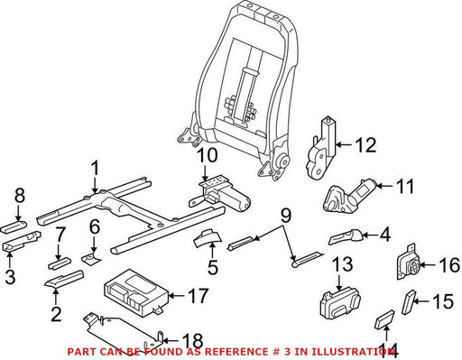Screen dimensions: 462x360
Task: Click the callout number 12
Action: coord(365,145)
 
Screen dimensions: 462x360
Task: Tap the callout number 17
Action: coord(198,296)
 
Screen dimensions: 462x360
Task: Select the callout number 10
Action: coord(208,155)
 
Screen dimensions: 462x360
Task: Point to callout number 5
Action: coord(213,267)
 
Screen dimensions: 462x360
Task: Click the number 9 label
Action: coord(286,216)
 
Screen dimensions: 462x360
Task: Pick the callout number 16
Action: coord(449,265)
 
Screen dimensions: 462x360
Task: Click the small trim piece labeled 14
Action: coord(384,319)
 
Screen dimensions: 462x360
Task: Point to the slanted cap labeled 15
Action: coord(409,302)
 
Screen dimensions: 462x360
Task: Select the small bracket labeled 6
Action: coord(90,258)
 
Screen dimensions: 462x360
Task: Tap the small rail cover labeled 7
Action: coord(60,263)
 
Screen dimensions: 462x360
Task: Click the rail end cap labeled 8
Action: coord(14,226)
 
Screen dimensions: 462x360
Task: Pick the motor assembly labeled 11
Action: coord(348,197)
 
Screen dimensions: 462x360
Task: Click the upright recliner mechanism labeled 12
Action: coord(321,148)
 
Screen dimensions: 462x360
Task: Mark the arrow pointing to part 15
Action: coord(423,301)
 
